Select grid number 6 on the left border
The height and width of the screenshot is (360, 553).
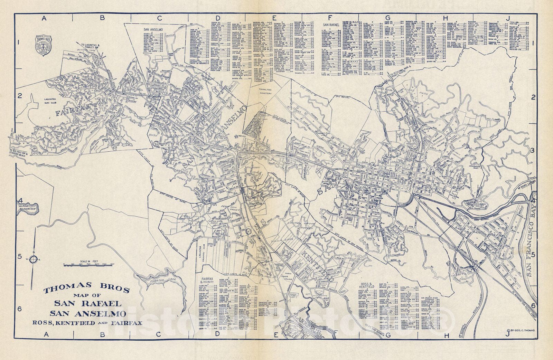pos(20,309)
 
